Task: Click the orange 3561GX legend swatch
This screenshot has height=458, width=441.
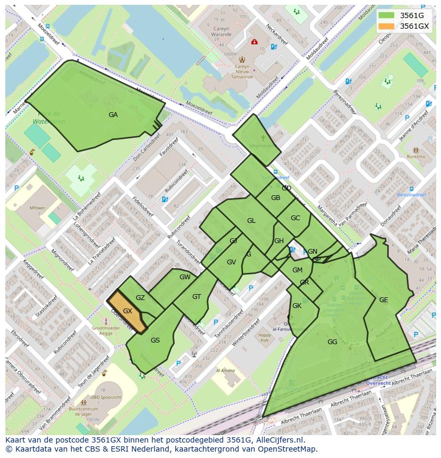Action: point(387,26)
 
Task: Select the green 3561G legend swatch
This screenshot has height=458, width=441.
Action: point(387,15)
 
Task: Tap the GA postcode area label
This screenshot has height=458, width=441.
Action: point(113,115)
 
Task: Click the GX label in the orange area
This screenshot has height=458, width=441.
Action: point(127,311)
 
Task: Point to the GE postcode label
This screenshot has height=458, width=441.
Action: point(383,300)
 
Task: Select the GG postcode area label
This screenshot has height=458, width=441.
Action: point(332,342)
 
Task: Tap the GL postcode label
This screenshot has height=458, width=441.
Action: point(251,221)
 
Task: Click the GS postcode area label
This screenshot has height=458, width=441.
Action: point(155,340)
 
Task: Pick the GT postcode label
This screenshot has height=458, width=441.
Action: point(197,297)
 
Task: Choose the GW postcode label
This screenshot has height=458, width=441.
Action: point(185,277)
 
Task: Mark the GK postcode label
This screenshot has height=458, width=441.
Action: point(297,306)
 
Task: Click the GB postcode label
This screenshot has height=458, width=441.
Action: point(275,198)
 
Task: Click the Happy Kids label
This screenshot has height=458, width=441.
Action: point(265,338)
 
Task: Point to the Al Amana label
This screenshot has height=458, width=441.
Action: point(225,371)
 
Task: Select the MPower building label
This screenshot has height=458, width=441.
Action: point(37,208)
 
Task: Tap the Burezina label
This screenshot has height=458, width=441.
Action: point(416,156)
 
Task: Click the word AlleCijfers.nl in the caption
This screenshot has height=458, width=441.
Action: point(279,440)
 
